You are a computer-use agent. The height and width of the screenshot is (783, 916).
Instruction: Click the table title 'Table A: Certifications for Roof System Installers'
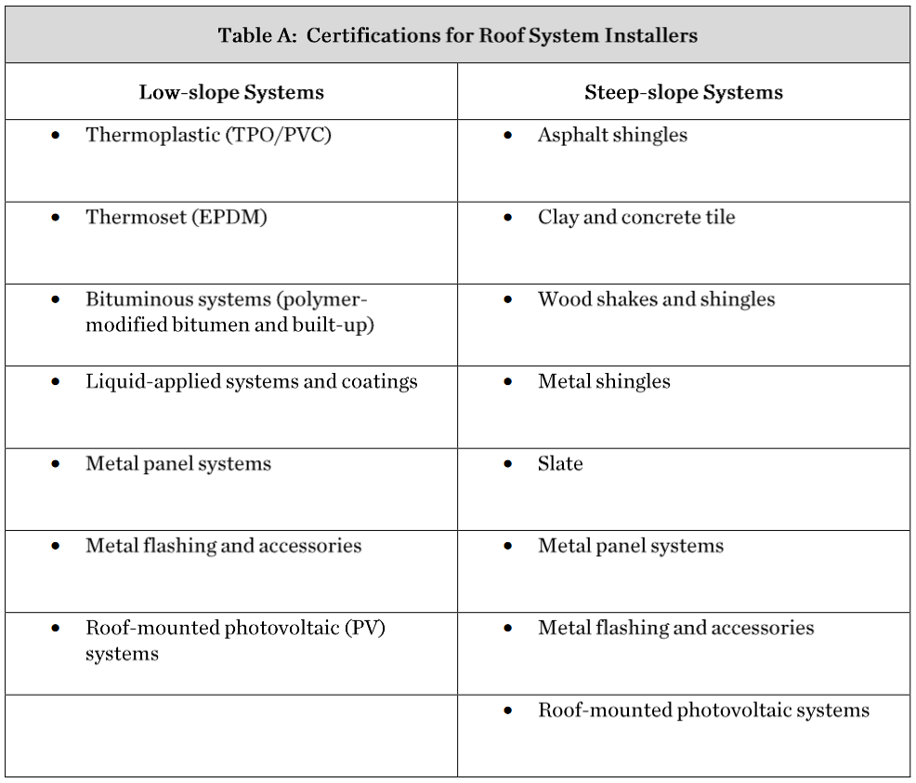457,35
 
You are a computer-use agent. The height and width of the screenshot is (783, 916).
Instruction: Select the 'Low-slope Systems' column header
231,92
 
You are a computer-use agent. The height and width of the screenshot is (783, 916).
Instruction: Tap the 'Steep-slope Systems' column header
684,92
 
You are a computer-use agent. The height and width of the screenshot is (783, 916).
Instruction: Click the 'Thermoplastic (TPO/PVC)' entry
208,135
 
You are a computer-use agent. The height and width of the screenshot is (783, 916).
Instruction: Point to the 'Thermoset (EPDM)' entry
177,218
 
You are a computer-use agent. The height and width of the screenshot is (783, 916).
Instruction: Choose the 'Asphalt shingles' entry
612,135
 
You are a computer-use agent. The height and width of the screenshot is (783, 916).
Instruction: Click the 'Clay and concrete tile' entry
636,218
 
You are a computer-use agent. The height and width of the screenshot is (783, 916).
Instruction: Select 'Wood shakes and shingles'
656,299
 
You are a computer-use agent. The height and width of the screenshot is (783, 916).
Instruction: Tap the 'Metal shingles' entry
604,381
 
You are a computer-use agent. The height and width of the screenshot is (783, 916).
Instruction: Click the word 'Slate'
560,464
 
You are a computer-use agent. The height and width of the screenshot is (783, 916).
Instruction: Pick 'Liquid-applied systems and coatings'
252,381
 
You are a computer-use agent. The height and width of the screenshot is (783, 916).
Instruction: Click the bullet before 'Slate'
507,464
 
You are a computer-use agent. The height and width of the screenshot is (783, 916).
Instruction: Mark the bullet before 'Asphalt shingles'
507,136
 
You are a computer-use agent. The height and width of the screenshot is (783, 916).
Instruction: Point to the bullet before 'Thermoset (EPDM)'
56,219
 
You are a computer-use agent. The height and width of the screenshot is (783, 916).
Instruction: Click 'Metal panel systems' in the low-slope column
178,464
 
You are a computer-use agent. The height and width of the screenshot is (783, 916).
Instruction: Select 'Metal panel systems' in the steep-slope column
631,546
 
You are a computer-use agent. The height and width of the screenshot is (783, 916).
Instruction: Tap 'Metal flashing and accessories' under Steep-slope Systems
676,628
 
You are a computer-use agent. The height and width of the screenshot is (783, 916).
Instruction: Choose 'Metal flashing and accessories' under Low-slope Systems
224,546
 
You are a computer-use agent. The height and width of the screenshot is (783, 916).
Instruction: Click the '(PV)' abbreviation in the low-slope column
365,628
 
